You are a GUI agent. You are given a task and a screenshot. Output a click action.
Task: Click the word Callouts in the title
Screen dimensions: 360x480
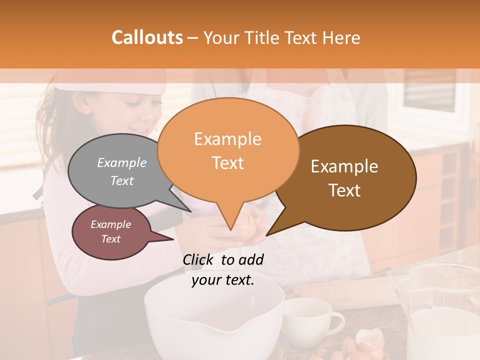click(147, 37)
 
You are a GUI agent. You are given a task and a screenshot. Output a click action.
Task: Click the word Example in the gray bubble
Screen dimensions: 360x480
click(121, 163)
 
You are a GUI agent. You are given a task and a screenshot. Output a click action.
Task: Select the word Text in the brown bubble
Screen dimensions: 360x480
click(345, 190)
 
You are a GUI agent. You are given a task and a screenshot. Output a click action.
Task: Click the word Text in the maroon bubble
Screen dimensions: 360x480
click(110, 239)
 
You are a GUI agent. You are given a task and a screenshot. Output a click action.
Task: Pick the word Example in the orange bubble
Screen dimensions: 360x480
click(227, 139)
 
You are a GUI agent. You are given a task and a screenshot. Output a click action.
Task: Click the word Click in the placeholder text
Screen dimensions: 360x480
click(199, 259)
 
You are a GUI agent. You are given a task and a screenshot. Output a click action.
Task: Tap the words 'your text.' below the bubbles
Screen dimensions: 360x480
click(222, 280)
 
